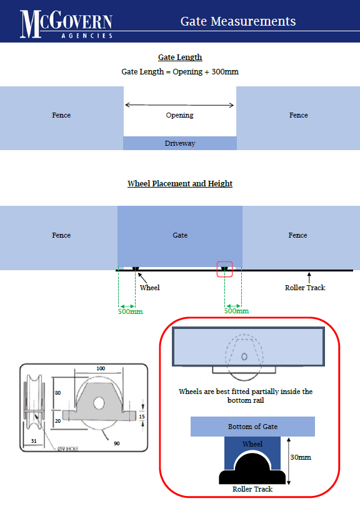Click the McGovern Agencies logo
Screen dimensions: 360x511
click(66, 24)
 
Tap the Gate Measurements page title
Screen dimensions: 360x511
click(238, 21)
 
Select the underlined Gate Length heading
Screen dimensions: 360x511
click(180, 58)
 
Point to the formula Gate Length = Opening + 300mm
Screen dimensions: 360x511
click(180, 72)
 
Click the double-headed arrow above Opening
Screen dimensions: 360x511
click(179, 105)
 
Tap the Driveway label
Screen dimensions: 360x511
click(180, 143)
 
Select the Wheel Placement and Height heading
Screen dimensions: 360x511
click(180, 183)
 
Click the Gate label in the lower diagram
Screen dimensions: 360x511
click(180, 235)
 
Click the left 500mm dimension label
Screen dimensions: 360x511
click(131, 311)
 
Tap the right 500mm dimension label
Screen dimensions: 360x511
click(236, 311)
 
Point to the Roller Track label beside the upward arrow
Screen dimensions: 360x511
click(305, 288)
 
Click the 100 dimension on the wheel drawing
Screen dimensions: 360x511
click(101, 368)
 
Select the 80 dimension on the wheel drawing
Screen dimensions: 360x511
click(57, 393)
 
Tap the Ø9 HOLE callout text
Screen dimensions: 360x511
click(67, 448)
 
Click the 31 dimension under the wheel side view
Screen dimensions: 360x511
click(34, 441)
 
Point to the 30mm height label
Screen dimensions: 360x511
click(301, 457)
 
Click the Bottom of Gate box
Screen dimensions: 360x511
click(253, 427)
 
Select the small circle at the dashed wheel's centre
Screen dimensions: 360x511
click(244, 357)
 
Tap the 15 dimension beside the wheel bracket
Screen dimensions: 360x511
click(142, 417)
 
